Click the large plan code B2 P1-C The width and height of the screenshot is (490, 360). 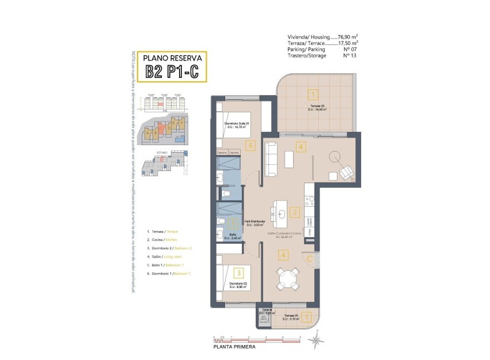point(172,71)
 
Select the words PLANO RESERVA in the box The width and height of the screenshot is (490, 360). point(172,58)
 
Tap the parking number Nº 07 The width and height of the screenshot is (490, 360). point(350,50)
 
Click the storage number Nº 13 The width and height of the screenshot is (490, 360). point(350,56)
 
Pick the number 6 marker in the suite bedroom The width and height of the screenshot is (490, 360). point(249,145)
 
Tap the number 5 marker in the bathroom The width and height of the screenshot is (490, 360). point(233,225)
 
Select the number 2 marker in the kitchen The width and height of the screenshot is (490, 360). point(294,213)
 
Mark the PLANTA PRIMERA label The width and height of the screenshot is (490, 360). point(234,347)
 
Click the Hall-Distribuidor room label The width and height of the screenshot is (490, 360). point(255,221)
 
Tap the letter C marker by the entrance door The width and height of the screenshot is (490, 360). point(310,259)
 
